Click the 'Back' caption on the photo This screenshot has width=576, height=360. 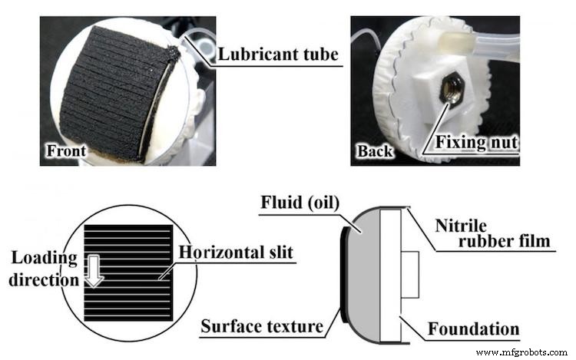[374, 151]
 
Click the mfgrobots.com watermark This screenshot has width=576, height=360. [523, 352]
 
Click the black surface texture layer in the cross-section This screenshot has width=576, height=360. [344, 269]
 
